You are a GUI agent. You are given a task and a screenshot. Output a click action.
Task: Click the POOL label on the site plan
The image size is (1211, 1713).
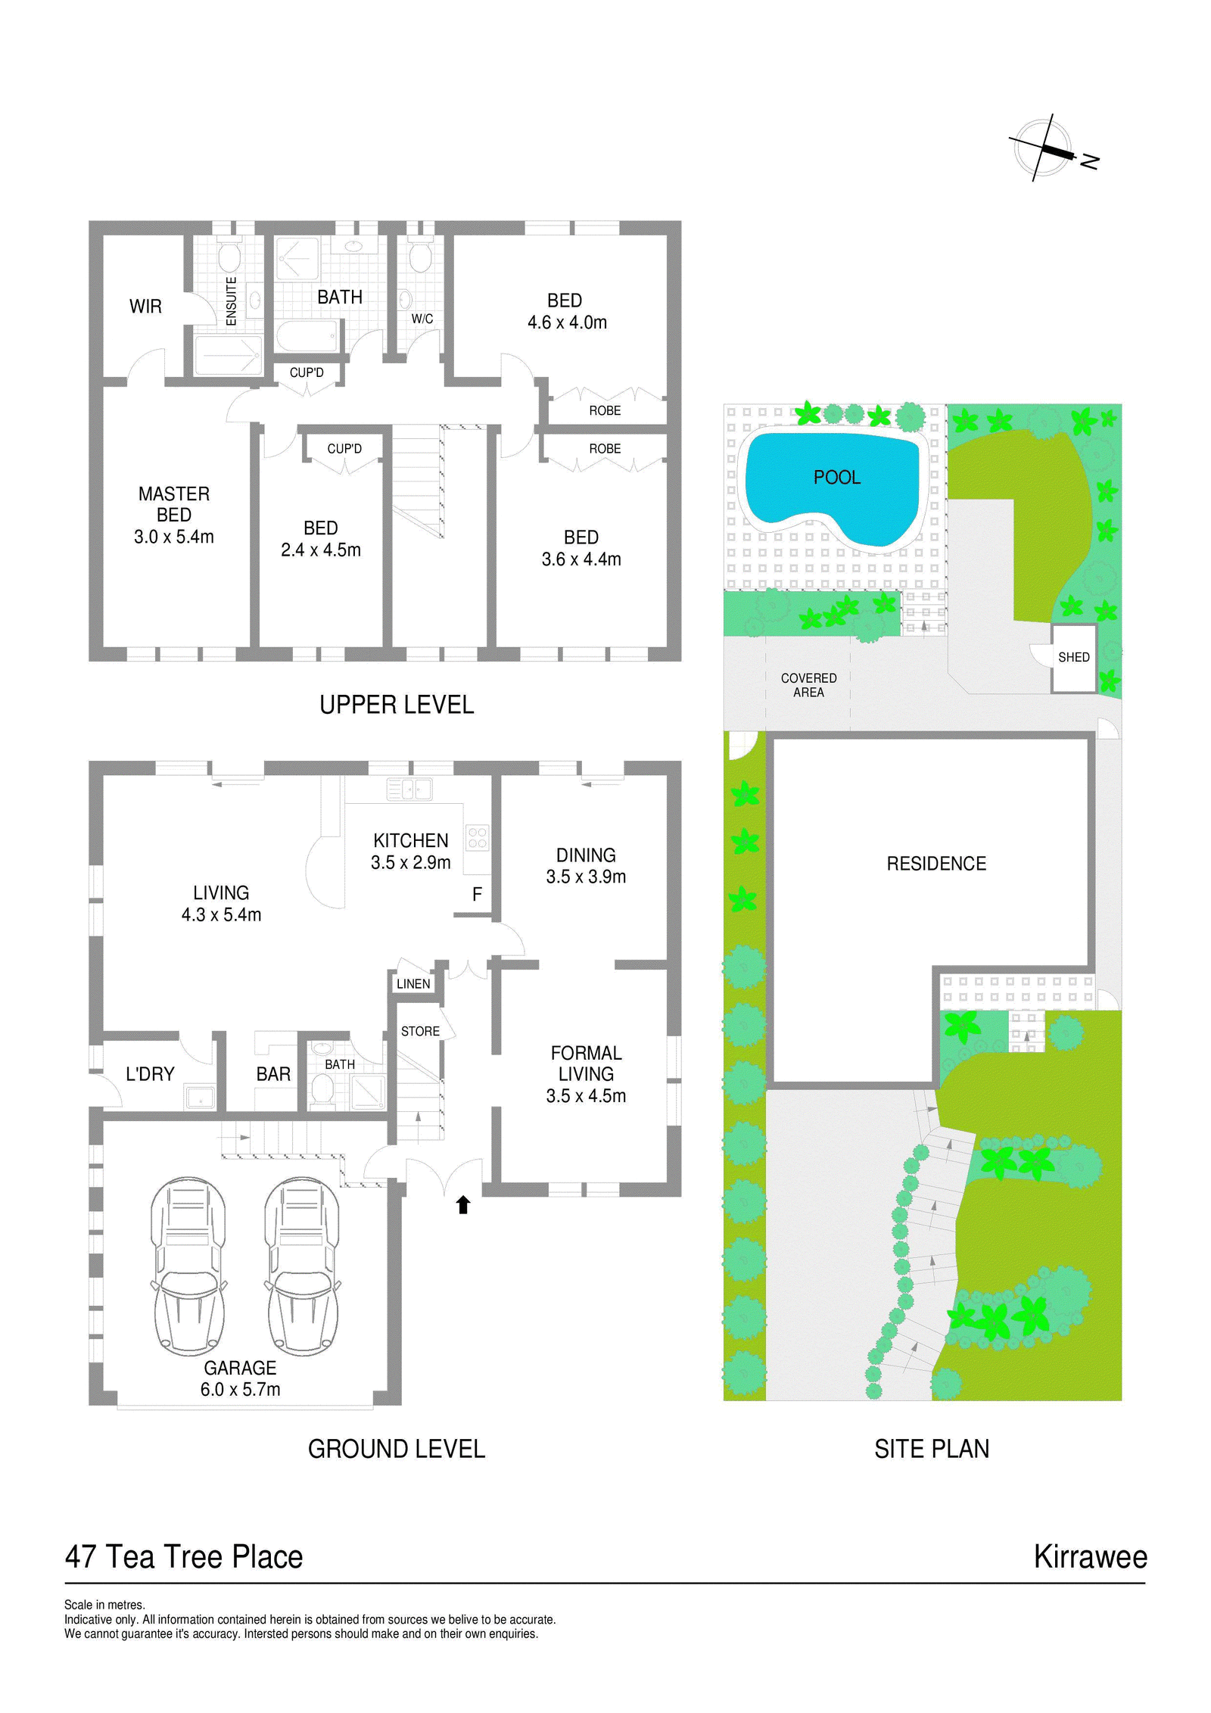pyautogui.click(x=836, y=478)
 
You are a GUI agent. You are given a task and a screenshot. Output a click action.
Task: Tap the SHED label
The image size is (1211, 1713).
pyautogui.click(x=1073, y=657)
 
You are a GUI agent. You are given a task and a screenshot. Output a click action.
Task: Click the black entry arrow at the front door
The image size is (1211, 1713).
pyautogui.click(x=463, y=1204)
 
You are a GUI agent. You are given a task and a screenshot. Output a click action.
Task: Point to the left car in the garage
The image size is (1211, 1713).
pyautogui.click(x=188, y=1266)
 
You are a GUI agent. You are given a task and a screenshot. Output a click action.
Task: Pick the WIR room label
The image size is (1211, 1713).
pyautogui.click(x=145, y=307)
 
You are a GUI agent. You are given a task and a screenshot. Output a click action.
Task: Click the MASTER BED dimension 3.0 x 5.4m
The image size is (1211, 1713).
pyautogui.click(x=174, y=537)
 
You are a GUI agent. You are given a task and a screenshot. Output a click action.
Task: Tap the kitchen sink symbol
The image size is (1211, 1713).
pyautogui.click(x=409, y=789)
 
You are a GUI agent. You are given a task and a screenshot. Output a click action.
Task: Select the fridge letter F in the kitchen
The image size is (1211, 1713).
pyautogui.click(x=477, y=895)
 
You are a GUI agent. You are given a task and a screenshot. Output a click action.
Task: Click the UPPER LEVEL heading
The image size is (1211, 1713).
pyautogui.click(x=397, y=705)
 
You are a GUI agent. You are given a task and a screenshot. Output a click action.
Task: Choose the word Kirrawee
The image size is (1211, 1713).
pyautogui.click(x=1090, y=1557)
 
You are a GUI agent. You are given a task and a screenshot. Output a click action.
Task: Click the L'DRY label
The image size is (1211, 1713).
pyautogui.click(x=150, y=1074)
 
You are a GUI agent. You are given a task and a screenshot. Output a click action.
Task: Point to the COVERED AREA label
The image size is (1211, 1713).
pyautogui.click(x=808, y=685)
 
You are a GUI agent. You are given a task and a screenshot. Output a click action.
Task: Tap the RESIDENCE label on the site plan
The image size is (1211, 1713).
pyautogui.click(x=936, y=864)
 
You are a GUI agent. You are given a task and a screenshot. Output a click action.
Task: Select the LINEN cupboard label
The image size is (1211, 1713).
pyautogui.click(x=413, y=984)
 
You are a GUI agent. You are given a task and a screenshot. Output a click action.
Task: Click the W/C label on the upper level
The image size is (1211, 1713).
pyautogui.click(x=422, y=319)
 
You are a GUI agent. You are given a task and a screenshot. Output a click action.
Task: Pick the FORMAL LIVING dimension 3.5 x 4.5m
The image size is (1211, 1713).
pyautogui.click(x=586, y=1096)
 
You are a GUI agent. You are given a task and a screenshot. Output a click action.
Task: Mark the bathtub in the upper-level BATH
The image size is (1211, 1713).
pyautogui.click(x=307, y=336)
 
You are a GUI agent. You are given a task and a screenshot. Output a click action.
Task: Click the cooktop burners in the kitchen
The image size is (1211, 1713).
pyautogui.click(x=478, y=838)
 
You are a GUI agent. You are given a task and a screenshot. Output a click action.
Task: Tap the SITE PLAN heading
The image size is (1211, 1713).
pyautogui.click(x=932, y=1449)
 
